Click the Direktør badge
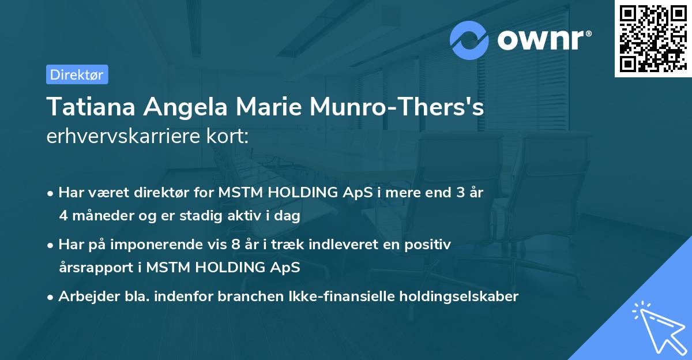(77, 74)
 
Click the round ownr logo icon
(469, 40)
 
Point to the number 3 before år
(460, 193)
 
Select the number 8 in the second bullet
(235, 245)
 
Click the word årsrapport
(97, 268)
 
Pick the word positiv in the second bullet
(430, 245)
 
